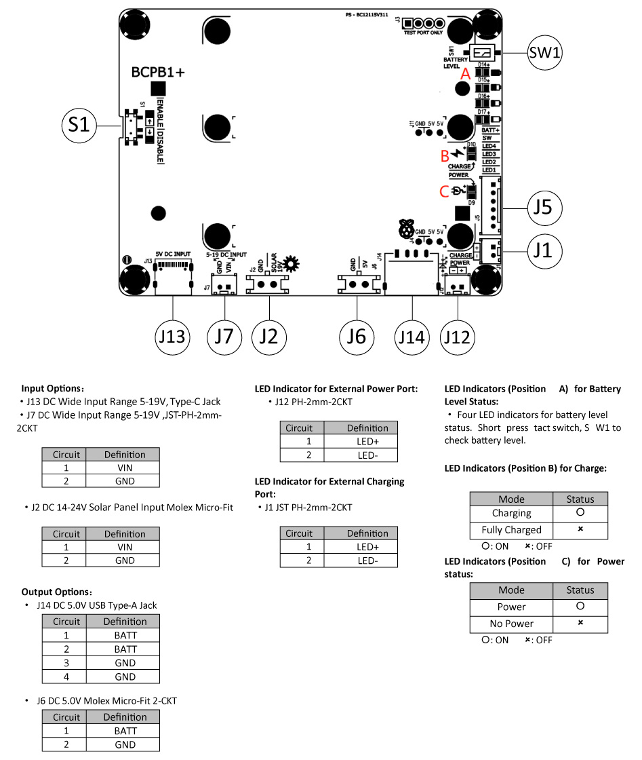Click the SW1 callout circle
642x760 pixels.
pos(545,52)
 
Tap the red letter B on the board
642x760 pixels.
pos(445,155)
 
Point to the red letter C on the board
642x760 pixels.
pos(444,191)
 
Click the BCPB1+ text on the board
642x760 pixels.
pos(159,72)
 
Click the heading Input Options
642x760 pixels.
pos(53,389)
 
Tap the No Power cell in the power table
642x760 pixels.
pos(511,624)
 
